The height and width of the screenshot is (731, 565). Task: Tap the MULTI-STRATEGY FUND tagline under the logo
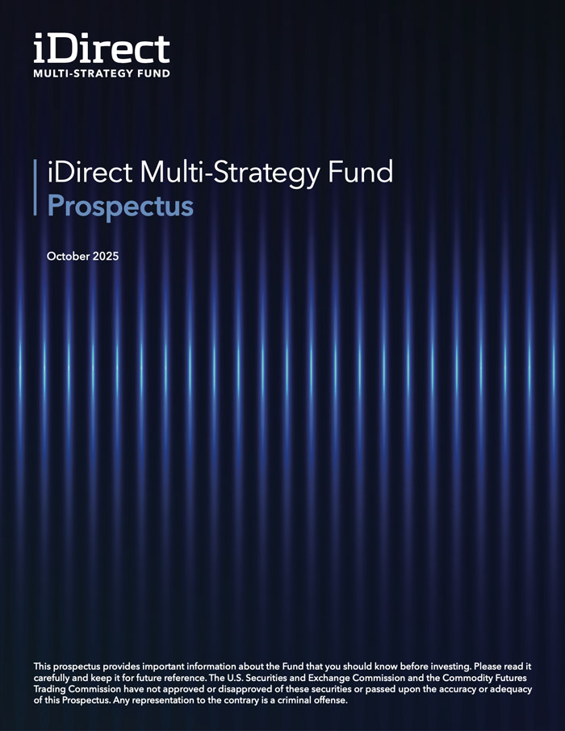102,73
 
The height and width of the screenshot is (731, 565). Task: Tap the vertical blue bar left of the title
35,187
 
